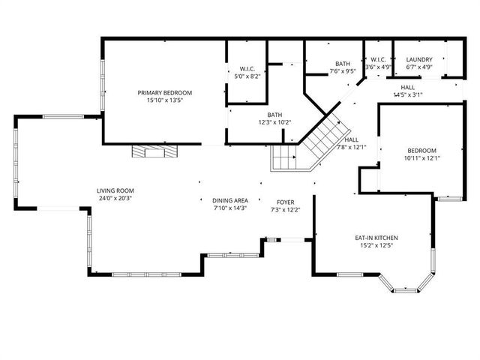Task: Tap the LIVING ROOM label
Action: [x=115, y=190]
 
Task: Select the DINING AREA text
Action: [x=230, y=201]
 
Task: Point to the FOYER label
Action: [x=285, y=201]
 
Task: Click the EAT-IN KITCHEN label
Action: [x=376, y=238]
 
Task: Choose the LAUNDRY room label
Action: [x=418, y=60]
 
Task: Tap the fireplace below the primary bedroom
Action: [x=155, y=151]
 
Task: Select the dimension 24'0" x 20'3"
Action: [x=115, y=198]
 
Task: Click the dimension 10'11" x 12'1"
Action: [x=422, y=158]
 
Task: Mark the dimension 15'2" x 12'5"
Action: [x=376, y=246]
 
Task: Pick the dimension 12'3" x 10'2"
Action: [x=274, y=122]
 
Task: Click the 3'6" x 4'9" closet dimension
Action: [x=377, y=67]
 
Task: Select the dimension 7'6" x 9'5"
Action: [x=343, y=72]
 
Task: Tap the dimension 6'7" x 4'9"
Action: [x=418, y=67]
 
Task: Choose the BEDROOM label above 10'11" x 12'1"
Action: [x=422, y=150]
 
